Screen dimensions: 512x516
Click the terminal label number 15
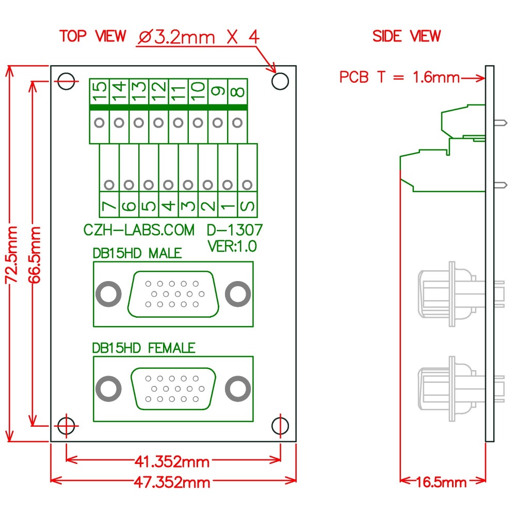[x=100, y=92]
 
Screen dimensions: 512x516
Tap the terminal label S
[x=248, y=205]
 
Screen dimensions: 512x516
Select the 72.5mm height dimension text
[x=12, y=254]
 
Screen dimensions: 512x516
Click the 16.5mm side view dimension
[x=442, y=482]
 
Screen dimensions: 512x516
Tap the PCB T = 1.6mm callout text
[x=399, y=77]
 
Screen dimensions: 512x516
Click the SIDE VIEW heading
[x=407, y=36]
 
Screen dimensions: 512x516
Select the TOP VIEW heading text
[x=92, y=36]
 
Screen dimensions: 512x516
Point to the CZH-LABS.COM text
[x=139, y=230]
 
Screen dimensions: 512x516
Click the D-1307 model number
[x=235, y=230]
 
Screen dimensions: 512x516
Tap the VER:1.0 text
[x=232, y=246]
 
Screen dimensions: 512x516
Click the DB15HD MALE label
[x=137, y=254]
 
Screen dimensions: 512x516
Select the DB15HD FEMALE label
[x=143, y=348]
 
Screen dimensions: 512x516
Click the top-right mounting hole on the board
[x=280, y=81]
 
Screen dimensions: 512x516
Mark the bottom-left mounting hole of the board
[x=66, y=426]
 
